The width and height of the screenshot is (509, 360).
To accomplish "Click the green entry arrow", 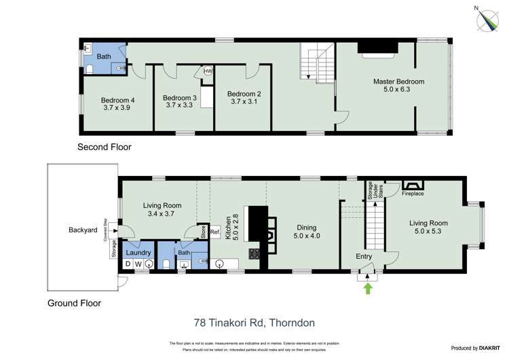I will [x=369, y=288].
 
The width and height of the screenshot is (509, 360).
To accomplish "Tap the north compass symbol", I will [x=487, y=20].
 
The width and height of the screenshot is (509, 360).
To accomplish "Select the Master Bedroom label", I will [x=398, y=82].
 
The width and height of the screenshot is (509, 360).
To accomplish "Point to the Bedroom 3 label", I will [x=179, y=98].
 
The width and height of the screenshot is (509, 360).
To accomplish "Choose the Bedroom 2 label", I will [x=244, y=94].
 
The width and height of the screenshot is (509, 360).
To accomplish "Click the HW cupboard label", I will [x=208, y=71].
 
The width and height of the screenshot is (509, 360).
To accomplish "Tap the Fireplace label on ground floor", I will [x=413, y=194].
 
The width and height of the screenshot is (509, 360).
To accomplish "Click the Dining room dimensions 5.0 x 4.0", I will [x=306, y=236].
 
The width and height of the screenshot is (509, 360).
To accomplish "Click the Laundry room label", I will [x=138, y=251].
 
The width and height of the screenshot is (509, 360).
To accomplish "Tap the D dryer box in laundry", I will [x=128, y=264].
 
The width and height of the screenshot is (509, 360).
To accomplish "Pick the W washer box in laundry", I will [x=139, y=264].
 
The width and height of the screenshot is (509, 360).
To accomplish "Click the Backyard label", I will [x=83, y=230].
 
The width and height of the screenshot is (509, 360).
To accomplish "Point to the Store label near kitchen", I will [x=202, y=231].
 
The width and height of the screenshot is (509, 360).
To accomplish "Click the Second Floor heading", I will [x=104, y=147].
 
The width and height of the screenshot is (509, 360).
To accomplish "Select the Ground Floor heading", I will [x=74, y=303].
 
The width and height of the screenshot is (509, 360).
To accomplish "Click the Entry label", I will [x=364, y=256].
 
